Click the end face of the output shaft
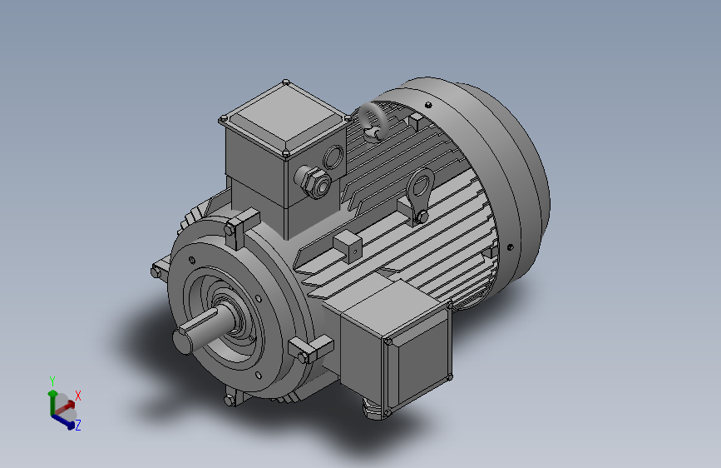(185, 340)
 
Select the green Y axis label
(52, 381)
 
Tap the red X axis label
(78, 396)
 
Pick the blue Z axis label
(78, 425)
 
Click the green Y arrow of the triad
(52, 397)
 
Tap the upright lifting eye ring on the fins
(420, 185)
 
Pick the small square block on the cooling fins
(348, 243)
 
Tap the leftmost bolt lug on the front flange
(159, 271)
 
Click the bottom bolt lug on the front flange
(232, 400)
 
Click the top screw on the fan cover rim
(427, 106)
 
